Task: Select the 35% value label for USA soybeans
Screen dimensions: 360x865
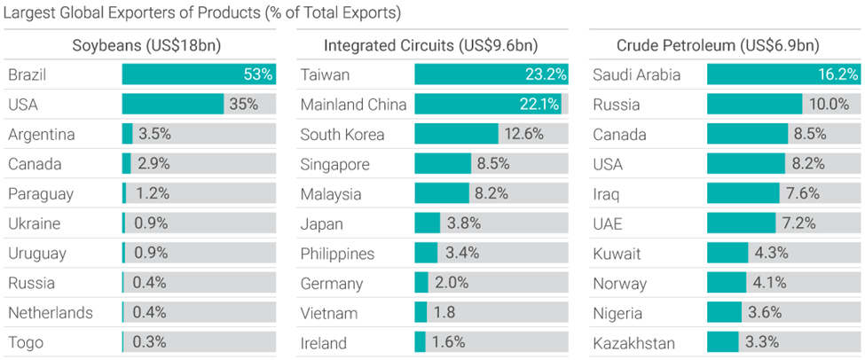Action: click(x=243, y=105)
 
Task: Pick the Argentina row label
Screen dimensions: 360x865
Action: click(x=42, y=135)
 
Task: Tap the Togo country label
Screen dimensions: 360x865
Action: click(x=26, y=342)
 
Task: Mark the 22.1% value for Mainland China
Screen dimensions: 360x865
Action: click(x=539, y=105)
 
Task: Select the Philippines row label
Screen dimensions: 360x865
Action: click(x=337, y=254)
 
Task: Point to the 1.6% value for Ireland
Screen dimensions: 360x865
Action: click(x=449, y=342)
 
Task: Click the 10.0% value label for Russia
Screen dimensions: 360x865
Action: click(x=829, y=105)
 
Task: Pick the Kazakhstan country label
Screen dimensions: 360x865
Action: click(x=633, y=342)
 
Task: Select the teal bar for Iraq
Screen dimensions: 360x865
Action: click(x=744, y=194)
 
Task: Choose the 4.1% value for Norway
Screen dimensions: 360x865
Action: click(x=768, y=283)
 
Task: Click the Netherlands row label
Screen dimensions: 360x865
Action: click(x=50, y=313)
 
